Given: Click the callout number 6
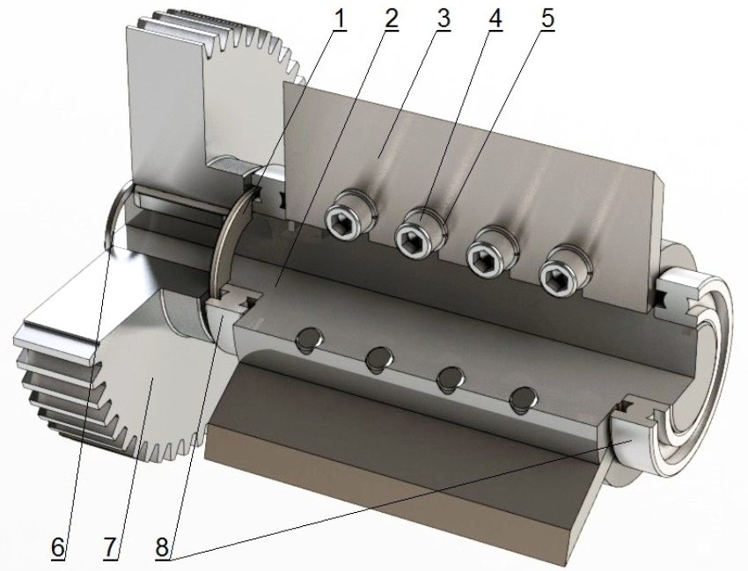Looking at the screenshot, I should click(58, 546).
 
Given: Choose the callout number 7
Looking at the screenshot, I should click(110, 546).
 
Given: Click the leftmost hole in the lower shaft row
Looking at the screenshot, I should click(309, 338).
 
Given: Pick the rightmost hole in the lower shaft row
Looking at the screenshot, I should click(523, 395).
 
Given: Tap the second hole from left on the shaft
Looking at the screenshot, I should click(379, 356).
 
